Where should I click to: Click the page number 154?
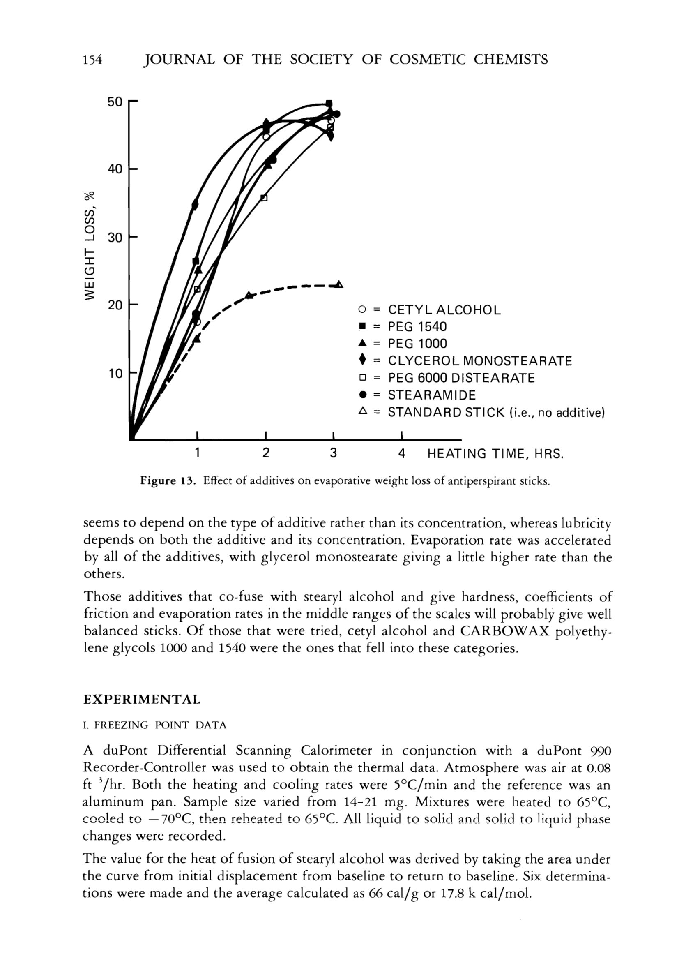click(x=93, y=59)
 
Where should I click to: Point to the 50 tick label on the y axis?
click(x=115, y=102)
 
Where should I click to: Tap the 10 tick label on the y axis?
click(x=115, y=374)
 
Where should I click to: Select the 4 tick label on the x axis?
click(x=402, y=453)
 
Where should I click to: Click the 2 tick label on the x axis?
click(x=266, y=453)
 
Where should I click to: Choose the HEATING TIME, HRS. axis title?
click(x=495, y=453)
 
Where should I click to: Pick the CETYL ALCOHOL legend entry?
click(x=444, y=309)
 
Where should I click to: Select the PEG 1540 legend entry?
click(x=417, y=327)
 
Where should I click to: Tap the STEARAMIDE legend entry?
click(x=431, y=395)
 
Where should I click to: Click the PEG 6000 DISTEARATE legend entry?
click(x=461, y=378)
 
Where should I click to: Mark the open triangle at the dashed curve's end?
click(x=339, y=284)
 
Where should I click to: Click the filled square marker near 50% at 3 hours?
click(x=329, y=103)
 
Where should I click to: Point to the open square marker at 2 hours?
click(x=264, y=198)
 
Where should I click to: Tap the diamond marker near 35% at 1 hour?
click(x=196, y=205)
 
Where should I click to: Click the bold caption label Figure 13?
click(x=168, y=481)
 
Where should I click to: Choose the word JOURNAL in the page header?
click(x=179, y=59)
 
